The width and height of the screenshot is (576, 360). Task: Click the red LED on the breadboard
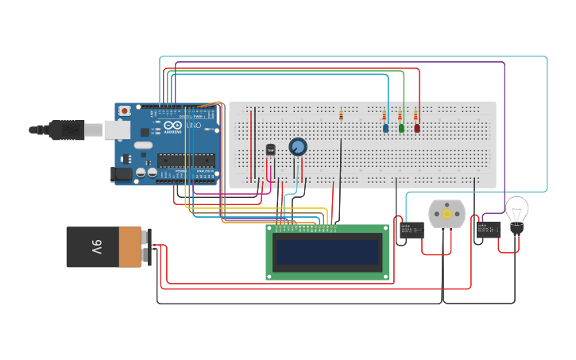tap(417, 127)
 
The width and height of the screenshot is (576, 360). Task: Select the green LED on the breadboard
tap(401, 127)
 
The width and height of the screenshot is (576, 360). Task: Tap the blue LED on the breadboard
tap(386, 127)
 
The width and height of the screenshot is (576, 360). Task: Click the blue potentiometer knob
tap(297, 147)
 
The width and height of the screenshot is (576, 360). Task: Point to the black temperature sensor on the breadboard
tap(270, 149)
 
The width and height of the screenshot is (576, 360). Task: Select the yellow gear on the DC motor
tap(446, 214)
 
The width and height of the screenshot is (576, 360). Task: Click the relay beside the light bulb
tap(488, 230)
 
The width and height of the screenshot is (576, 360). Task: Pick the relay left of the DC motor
tap(411, 230)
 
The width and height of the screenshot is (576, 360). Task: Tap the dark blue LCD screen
tap(327, 252)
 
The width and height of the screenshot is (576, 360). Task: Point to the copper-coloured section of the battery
tap(130, 247)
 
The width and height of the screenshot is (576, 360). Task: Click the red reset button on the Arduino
tap(124, 110)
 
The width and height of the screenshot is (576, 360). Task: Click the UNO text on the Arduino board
tap(192, 125)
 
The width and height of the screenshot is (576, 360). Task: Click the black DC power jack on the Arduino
tap(122, 174)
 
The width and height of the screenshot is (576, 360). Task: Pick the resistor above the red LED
tap(415, 115)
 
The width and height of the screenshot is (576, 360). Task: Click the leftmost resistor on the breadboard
tap(341, 115)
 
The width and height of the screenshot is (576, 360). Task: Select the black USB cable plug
tap(66, 130)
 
